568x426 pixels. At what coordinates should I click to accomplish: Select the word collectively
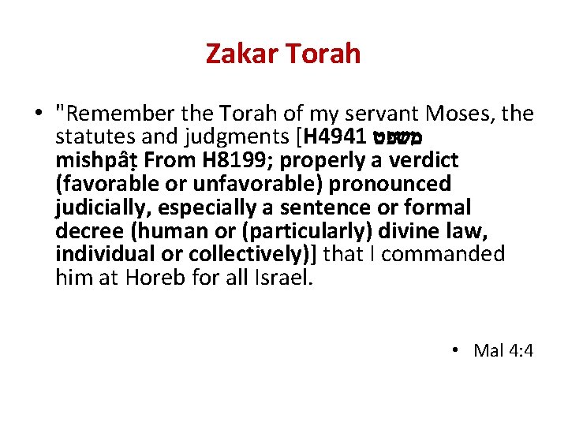point(253,254)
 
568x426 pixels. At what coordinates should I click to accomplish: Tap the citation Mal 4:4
point(503,350)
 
